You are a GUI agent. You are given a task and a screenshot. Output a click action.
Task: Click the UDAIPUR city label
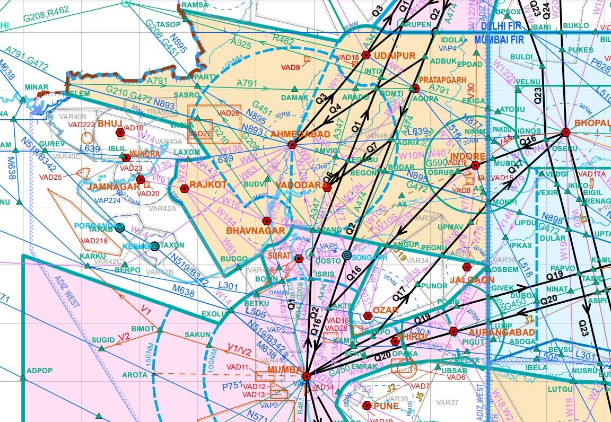[x=395, y=56]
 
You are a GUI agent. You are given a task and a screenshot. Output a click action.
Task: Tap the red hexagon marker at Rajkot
[x=185, y=188]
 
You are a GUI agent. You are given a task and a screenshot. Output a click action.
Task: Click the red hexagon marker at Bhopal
[x=565, y=133]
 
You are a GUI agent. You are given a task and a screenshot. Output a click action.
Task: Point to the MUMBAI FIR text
[x=499, y=40]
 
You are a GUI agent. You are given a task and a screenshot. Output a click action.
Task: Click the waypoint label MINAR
[x=36, y=87]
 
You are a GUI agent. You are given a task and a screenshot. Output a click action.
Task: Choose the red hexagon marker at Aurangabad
[x=453, y=331]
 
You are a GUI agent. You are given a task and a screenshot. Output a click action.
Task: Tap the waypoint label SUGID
[x=102, y=339]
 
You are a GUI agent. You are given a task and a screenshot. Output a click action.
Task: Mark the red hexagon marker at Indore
[x=475, y=165]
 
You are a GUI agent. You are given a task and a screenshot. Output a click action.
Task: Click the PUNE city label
[x=386, y=406]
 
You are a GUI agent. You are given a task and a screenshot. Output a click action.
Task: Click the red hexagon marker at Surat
[x=299, y=259]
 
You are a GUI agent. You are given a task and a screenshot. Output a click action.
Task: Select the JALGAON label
[x=472, y=279]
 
